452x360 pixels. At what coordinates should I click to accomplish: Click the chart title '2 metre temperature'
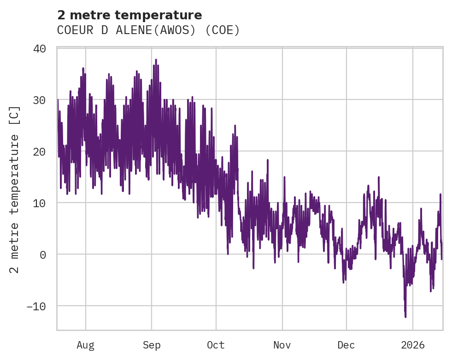pos(129,15)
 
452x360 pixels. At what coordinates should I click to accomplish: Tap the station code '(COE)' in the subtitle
pos(223,30)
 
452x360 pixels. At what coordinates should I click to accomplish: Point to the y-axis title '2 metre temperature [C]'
pos(15,189)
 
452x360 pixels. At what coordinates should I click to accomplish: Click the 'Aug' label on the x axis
pos(85,345)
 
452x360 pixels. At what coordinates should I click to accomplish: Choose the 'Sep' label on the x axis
pos(152,345)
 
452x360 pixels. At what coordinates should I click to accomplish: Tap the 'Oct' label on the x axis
pos(216,345)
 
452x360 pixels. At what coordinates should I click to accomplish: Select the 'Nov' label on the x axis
pos(282,345)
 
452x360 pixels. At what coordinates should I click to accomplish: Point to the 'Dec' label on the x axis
pos(346,345)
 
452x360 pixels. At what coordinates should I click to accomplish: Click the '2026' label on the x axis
pos(413,345)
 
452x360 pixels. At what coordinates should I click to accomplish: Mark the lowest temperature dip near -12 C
pos(405,317)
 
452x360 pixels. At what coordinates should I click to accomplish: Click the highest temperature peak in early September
pos(156,60)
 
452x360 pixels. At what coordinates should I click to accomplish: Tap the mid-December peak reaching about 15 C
pos(379,177)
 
